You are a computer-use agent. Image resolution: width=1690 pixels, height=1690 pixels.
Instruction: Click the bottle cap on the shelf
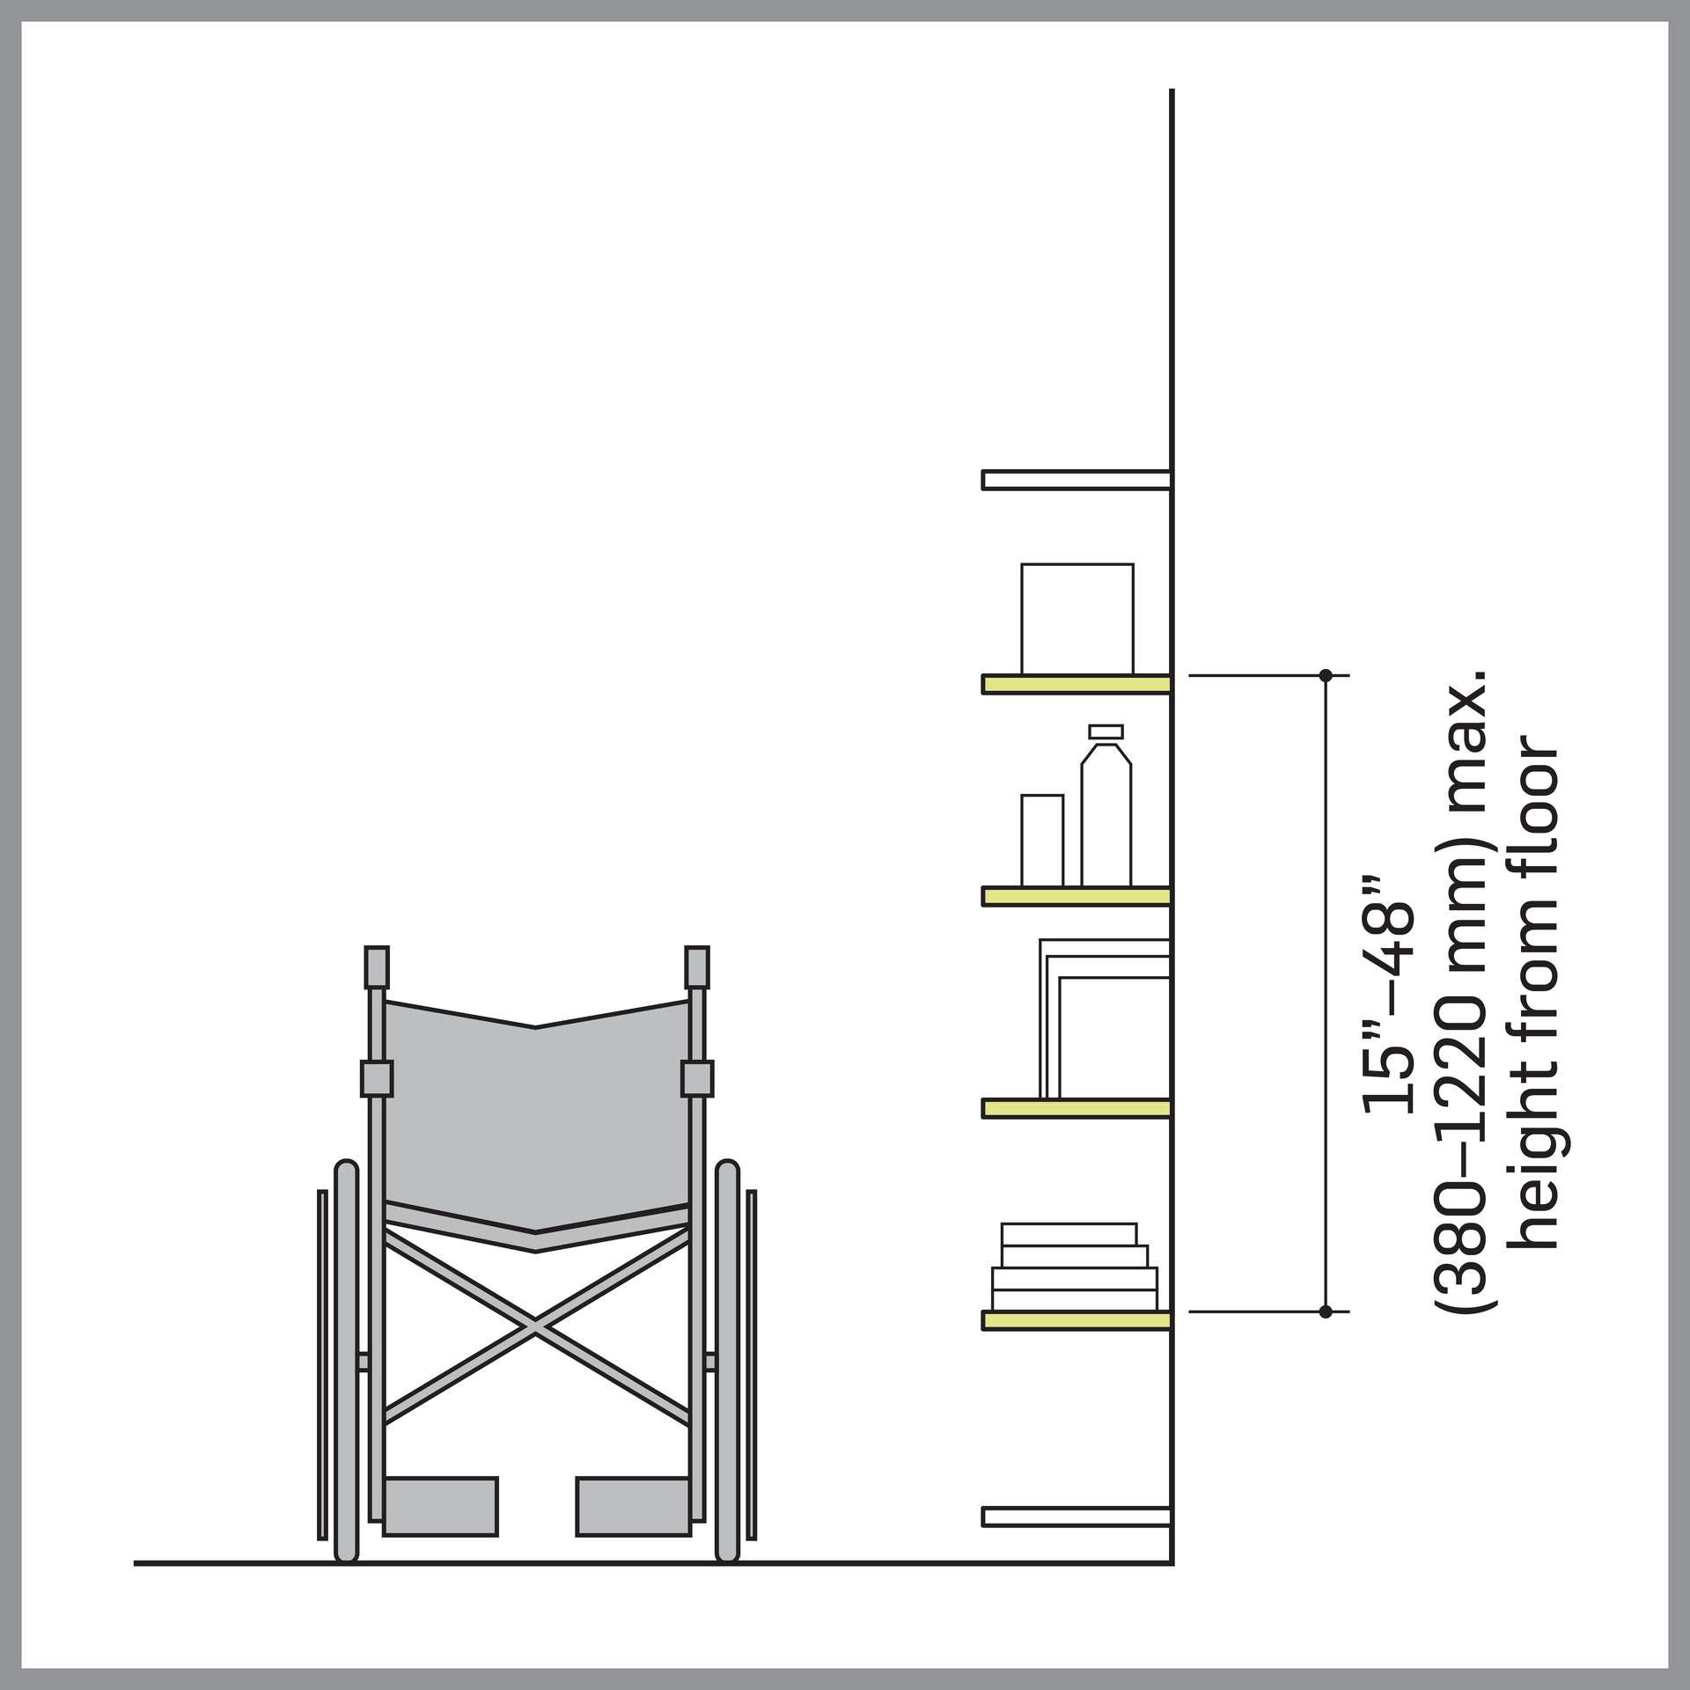pos(1106,731)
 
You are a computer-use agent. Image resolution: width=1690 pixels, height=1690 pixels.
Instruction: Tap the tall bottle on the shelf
pos(1106,819)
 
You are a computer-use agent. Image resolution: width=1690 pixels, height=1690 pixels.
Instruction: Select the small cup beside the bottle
pos(1042,841)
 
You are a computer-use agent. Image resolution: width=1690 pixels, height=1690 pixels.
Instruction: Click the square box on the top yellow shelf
pos(1076,619)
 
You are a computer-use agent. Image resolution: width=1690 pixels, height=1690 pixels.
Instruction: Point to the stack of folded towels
pos(1074,1267)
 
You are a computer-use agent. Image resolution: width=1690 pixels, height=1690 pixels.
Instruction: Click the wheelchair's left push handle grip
pos(377,967)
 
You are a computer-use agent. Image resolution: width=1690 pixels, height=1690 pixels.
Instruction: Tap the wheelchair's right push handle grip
pos(697,967)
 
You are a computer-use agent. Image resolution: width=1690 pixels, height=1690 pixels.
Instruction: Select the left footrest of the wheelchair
pos(440,1506)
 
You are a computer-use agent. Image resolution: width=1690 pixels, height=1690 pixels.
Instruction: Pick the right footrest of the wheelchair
pos(634,1506)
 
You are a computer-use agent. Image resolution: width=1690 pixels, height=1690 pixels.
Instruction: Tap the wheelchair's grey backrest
pos(536,1118)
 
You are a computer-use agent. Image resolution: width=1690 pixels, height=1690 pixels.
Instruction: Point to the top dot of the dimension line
pos(1326,676)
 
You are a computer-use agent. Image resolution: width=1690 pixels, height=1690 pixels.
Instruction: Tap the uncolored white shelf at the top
pos(1076,480)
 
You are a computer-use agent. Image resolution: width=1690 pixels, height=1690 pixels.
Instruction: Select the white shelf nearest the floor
pos(1076,1517)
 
